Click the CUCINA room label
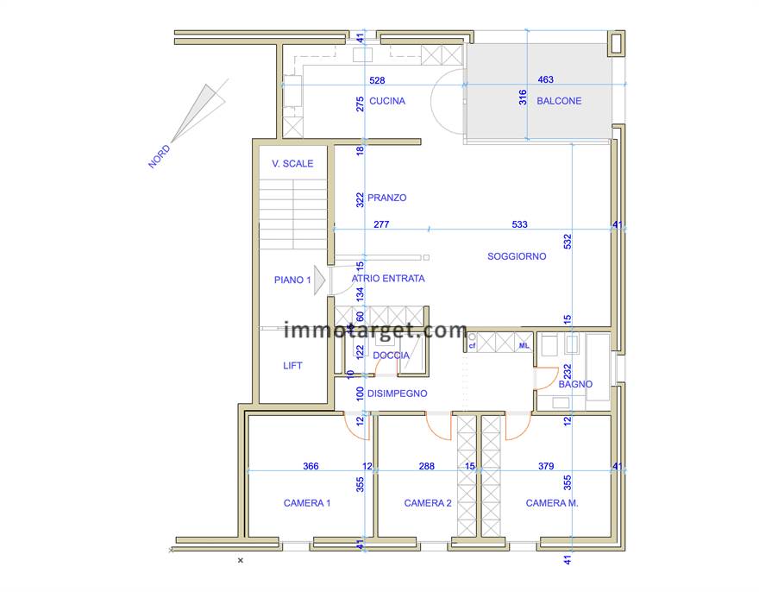(x=387, y=101)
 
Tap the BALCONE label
(x=559, y=101)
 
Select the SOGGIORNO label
(x=517, y=256)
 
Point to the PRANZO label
(x=386, y=198)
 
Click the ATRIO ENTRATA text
(x=388, y=279)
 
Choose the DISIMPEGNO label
(x=398, y=394)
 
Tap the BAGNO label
(x=575, y=384)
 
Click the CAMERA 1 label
(x=307, y=503)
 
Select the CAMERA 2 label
(x=428, y=503)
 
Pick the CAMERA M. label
(x=552, y=503)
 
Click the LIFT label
(x=293, y=366)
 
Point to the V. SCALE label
(x=292, y=164)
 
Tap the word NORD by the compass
(x=160, y=156)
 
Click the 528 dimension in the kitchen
(x=377, y=80)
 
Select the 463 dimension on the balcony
(x=545, y=79)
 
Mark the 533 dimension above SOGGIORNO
(x=520, y=224)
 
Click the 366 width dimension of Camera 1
(x=310, y=466)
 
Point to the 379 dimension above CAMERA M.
(x=546, y=466)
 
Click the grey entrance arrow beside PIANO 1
(x=319, y=280)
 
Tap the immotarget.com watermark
(x=376, y=330)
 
